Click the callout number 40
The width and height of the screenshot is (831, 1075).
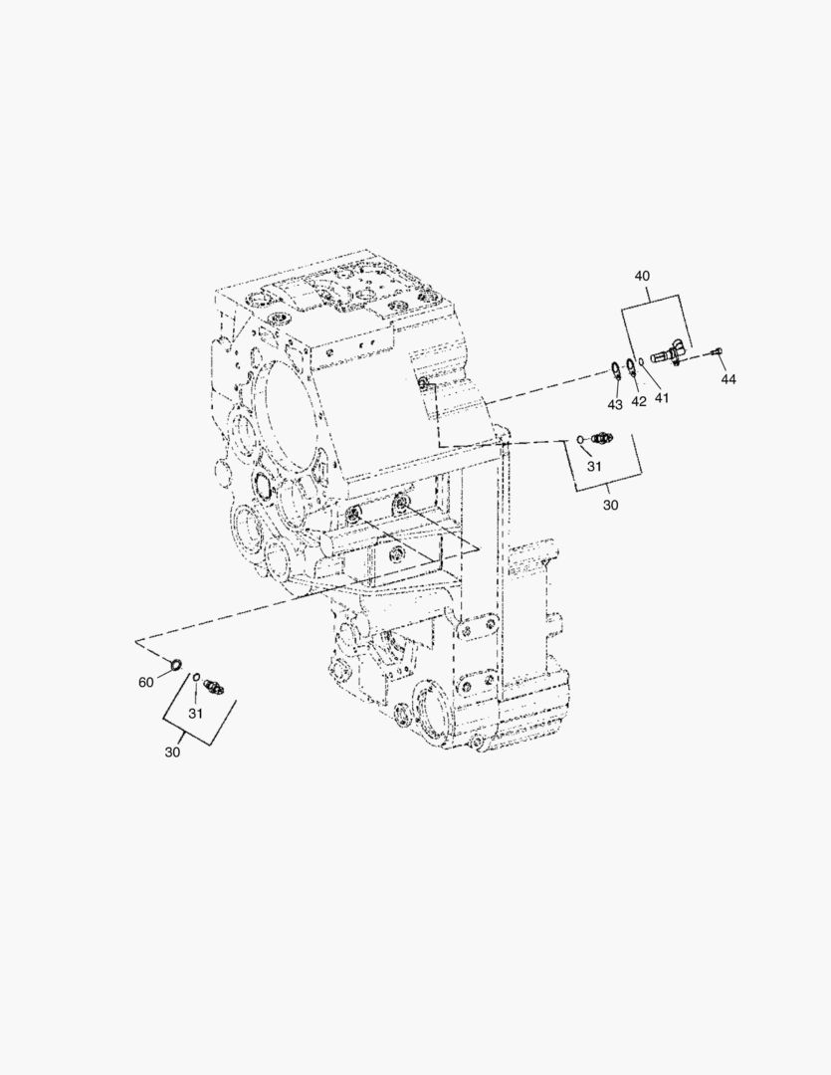point(642,277)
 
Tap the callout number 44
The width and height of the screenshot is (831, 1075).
point(728,379)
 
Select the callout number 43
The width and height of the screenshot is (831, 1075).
point(615,404)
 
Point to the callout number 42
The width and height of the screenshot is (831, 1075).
point(638,401)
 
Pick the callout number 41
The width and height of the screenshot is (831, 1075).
point(661,397)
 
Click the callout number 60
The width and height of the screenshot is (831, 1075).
point(146,682)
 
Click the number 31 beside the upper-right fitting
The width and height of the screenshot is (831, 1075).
point(594,466)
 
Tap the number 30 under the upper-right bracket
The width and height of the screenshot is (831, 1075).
point(610,505)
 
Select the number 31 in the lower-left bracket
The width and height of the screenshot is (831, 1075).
point(195,714)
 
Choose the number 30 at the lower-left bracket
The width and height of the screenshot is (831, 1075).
point(172,752)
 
